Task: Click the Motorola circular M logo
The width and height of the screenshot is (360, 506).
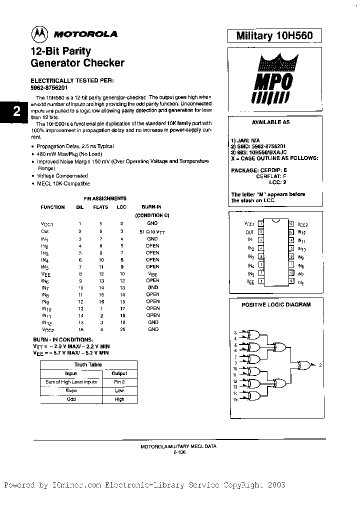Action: pyautogui.click(x=38, y=34)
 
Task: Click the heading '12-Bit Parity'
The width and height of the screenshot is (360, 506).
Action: pyautogui.click(x=61, y=51)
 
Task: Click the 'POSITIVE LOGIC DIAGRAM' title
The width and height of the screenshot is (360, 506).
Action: pyautogui.click(x=276, y=304)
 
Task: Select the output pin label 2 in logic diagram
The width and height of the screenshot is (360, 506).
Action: pyautogui.click(x=320, y=365)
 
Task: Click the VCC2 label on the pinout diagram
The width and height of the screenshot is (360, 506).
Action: pyautogui.click(x=303, y=225)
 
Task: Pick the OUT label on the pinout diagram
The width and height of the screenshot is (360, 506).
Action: pyautogui.click(x=250, y=232)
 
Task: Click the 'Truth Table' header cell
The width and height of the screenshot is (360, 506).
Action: pyautogui.click(x=88, y=364)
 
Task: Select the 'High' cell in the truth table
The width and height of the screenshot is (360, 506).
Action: pyautogui.click(x=119, y=399)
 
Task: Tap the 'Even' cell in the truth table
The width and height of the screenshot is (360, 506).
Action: pyautogui.click(x=70, y=390)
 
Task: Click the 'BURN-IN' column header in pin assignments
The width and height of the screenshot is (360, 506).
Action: pyautogui.click(x=152, y=207)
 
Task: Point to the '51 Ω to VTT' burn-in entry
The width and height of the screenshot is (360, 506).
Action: pyautogui.click(x=152, y=231)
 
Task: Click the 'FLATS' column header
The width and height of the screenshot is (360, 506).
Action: pyautogui.click(x=100, y=207)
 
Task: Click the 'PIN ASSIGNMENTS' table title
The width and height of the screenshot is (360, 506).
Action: pyautogui.click(x=104, y=198)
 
